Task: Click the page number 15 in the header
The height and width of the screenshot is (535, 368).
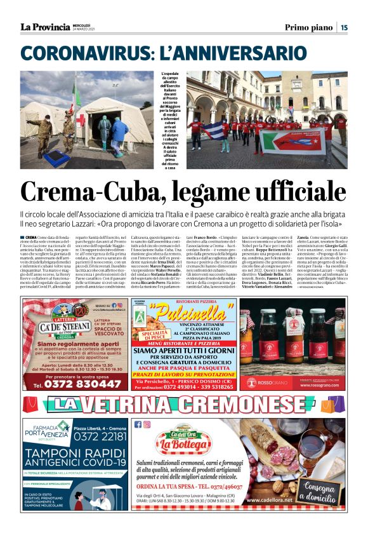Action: pos(344,27)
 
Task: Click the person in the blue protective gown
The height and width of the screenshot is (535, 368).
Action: pos(119,134)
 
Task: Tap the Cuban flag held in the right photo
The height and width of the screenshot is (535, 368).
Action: pos(218,131)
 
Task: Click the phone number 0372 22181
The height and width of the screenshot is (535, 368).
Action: pos(101,436)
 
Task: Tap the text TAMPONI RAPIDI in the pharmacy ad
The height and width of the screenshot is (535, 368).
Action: pos(76,453)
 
